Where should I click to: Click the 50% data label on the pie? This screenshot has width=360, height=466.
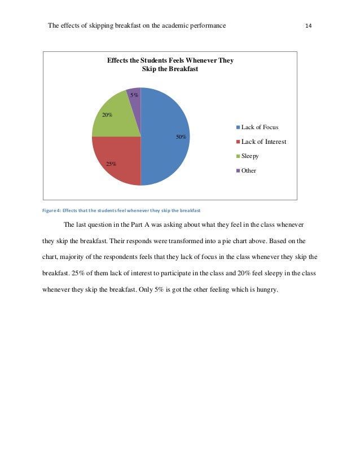pyautogui.click(x=181, y=137)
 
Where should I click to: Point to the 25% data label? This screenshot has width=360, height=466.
pyautogui.click(x=111, y=164)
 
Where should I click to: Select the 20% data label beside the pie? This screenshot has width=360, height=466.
pyautogui.click(x=107, y=115)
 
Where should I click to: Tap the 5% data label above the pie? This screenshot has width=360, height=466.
pyautogui.click(x=134, y=95)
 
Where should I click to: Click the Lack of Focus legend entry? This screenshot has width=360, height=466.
pyautogui.click(x=260, y=127)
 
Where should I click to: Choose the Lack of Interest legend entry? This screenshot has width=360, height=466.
pyautogui.click(x=263, y=142)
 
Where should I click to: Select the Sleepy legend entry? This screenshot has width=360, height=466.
pyautogui.click(x=250, y=156)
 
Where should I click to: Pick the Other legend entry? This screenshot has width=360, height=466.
pyautogui.click(x=248, y=170)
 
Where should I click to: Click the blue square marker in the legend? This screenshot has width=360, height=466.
pyautogui.click(x=238, y=128)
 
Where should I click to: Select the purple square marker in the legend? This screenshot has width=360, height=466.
pyautogui.click(x=238, y=170)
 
